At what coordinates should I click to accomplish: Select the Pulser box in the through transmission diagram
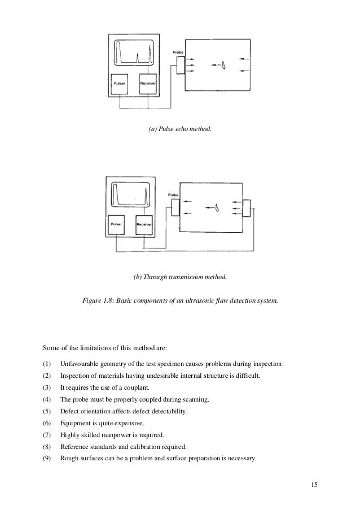click(116, 225)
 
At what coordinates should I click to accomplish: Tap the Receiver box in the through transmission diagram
click(144, 225)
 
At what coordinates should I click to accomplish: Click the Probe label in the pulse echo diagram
click(178, 53)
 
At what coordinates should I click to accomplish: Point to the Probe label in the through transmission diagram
click(173, 195)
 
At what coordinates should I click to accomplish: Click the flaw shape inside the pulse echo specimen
click(224, 66)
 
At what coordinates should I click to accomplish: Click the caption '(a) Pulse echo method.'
click(180, 130)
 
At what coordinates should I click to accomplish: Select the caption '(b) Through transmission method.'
click(180, 277)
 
